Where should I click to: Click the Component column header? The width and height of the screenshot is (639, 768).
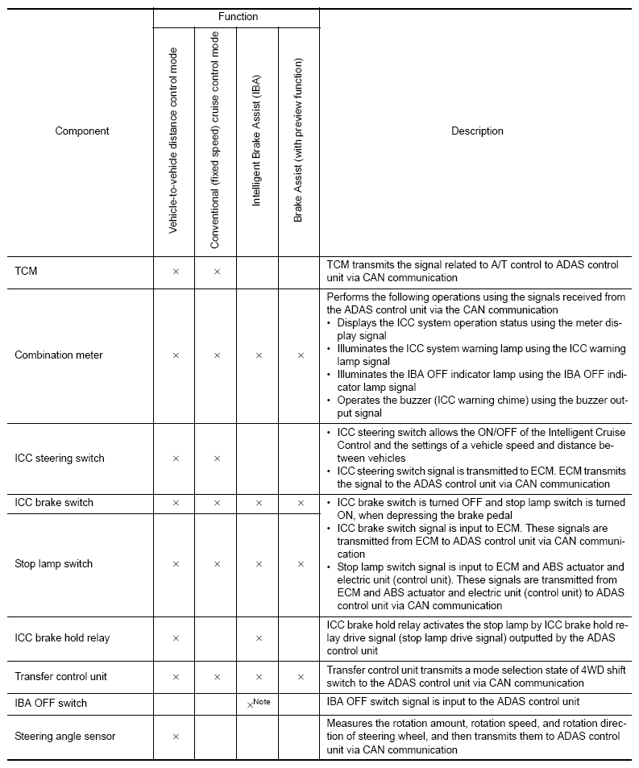[82, 131]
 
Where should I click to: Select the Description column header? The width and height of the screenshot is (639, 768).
[477, 131]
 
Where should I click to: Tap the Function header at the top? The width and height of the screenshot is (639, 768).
[238, 16]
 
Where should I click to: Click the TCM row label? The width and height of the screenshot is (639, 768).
[26, 272]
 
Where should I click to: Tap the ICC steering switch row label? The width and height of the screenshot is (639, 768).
[59, 458]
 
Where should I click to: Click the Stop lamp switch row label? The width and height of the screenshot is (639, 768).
[53, 564]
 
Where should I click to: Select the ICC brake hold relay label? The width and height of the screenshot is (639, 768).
[62, 637]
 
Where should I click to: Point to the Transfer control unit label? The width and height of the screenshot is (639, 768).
[60, 677]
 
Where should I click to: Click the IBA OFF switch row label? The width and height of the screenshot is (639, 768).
[51, 703]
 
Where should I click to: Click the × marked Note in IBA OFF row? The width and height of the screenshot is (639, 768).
[251, 704]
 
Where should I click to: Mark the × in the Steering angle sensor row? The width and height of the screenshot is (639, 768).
[175, 736]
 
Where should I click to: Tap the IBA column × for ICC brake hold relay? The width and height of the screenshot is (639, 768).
[258, 638]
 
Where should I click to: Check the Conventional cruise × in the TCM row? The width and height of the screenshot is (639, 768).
[216, 272]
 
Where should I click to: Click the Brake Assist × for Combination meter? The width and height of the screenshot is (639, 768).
[300, 355]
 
